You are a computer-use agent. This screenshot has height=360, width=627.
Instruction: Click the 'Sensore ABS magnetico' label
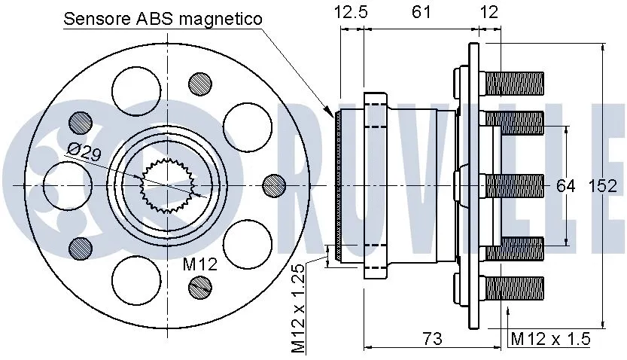[x=163, y=19]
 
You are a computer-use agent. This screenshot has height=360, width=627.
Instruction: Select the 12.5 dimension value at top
[x=352, y=11]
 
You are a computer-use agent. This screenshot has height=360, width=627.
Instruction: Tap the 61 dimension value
[x=422, y=11]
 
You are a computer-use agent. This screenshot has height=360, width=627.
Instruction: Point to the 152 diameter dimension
[x=602, y=185]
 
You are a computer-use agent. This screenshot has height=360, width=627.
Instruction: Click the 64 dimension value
[x=565, y=185]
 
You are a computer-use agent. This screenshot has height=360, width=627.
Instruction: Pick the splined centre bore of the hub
[x=168, y=185]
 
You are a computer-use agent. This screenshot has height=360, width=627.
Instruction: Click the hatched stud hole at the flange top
[x=199, y=83]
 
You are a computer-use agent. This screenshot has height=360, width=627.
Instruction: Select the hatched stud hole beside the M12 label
[x=200, y=285]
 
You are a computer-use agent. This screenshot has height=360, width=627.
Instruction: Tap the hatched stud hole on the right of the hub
[x=275, y=185]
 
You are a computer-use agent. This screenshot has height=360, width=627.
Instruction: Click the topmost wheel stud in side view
[x=515, y=82]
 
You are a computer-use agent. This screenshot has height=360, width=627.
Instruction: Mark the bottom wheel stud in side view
[x=515, y=288]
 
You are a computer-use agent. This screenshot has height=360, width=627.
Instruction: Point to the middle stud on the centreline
[x=515, y=185]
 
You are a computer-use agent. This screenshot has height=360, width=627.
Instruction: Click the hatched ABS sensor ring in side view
[x=338, y=186]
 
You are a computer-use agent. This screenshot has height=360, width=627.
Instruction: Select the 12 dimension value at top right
[x=489, y=11]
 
